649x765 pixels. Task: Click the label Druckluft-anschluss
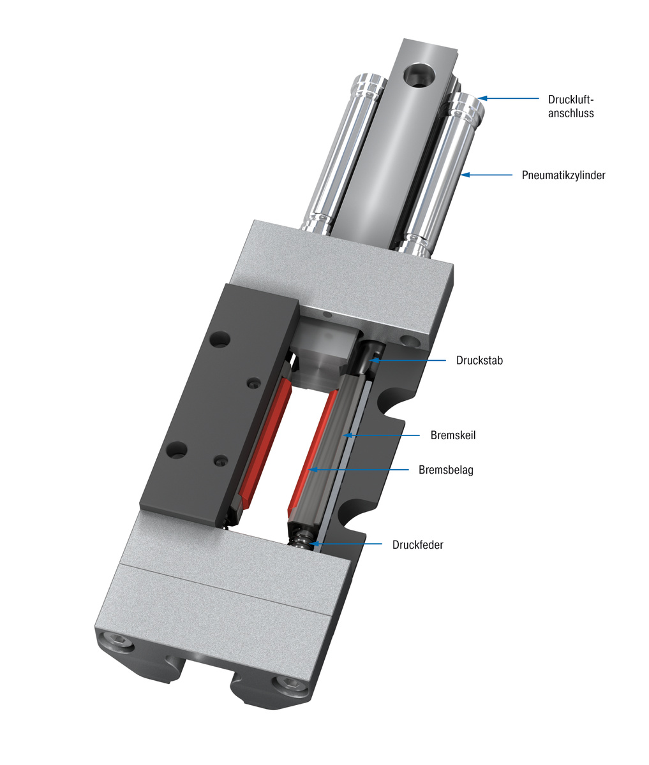click(x=571, y=106)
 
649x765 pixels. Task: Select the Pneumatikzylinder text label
click(x=563, y=175)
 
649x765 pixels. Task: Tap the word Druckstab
click(x=479, y=360)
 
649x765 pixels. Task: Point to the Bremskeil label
click(x=453, y=435)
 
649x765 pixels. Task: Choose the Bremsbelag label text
click(x=445, y=470)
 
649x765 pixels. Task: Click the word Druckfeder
click(x=417, y=544)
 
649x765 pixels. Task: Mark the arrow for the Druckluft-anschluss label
click(x=508, y=98)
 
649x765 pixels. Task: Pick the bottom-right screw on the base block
click(x=287, y=686)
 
